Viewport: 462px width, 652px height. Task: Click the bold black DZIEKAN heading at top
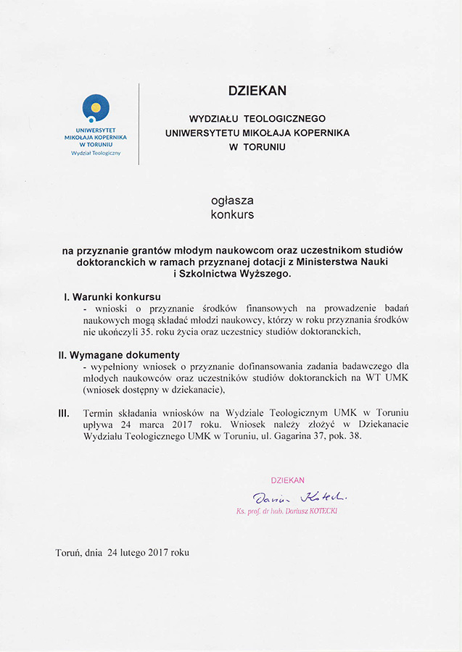[x=257, y=91]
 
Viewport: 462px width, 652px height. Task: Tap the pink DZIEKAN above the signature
[x=288, y=480]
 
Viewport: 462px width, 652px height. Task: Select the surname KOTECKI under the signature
[x=319, y=511]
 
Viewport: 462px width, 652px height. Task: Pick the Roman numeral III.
[x=64, y=413]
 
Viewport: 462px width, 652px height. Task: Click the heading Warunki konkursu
[x=117, y=297]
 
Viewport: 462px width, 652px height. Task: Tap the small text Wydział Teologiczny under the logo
[x=96, y=153]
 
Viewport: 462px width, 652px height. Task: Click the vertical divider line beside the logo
[x=139, y=123]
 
